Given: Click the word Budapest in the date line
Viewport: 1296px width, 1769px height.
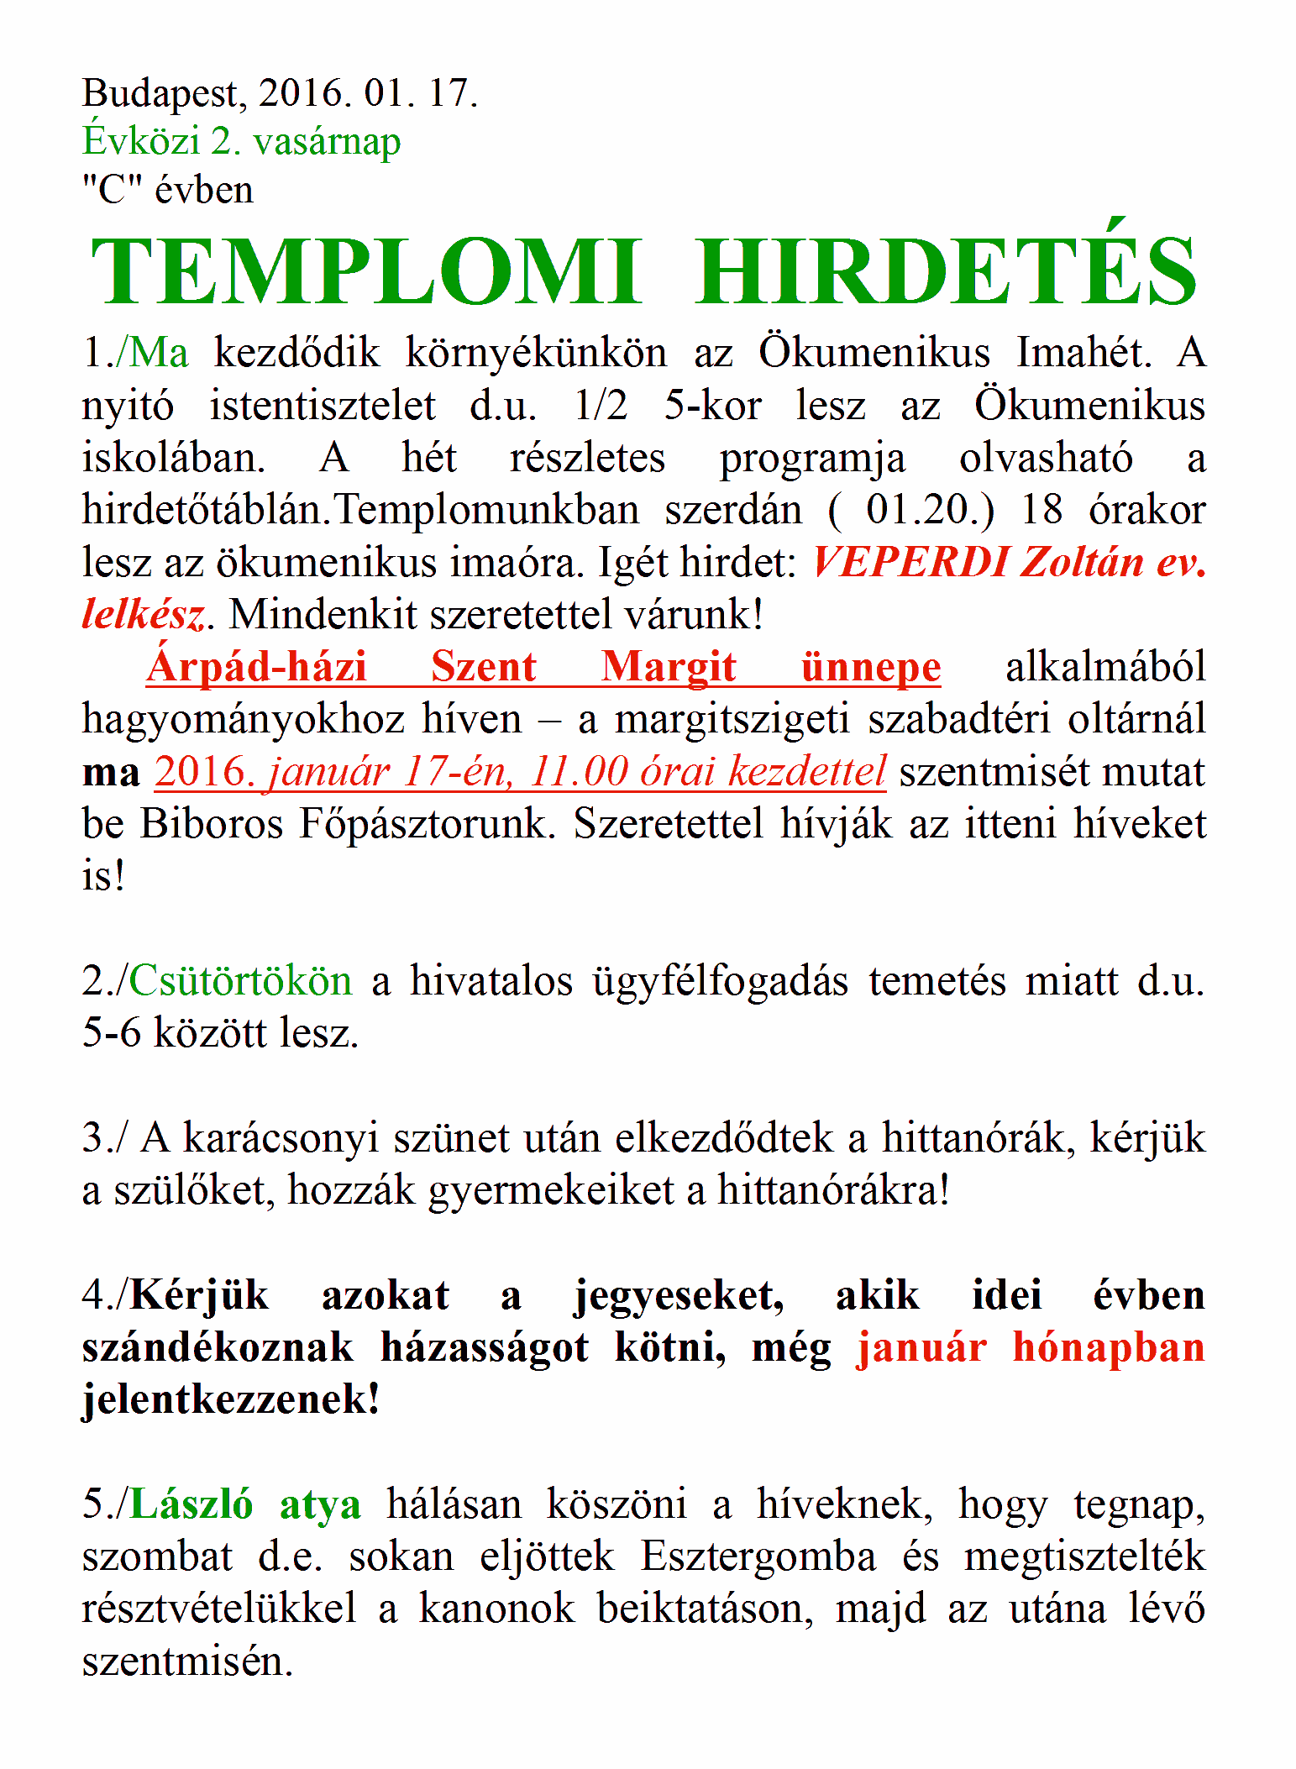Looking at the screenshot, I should coord(165,94).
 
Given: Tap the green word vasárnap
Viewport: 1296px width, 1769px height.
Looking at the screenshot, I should coord(327,142).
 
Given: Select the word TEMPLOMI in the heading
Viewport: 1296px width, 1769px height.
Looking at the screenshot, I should coord(366,271).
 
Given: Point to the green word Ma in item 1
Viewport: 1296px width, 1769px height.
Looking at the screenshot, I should coord(159,353).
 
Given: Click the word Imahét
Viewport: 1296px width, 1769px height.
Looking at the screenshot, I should coord(1083,353).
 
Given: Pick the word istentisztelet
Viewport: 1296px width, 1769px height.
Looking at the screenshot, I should coord(323,407).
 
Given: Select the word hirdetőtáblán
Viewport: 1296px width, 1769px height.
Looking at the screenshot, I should coord(206,510).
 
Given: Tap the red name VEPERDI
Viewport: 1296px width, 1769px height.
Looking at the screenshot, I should coord(910,562).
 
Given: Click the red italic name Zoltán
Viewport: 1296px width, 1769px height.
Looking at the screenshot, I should coord(1082,562).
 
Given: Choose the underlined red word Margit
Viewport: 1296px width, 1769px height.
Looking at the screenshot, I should coord(669,668).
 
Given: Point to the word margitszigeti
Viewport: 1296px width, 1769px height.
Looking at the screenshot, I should coord(732,720).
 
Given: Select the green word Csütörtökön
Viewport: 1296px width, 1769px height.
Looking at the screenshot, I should coord(240,981).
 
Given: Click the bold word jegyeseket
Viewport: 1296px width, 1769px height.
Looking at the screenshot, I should coord(679,1295).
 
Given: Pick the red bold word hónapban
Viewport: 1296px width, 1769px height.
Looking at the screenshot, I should coord(1109,1347).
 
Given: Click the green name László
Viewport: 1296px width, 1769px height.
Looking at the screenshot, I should coord(191,1504).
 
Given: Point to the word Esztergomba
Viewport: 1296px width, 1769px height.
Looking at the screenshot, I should coord(758,1556).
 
